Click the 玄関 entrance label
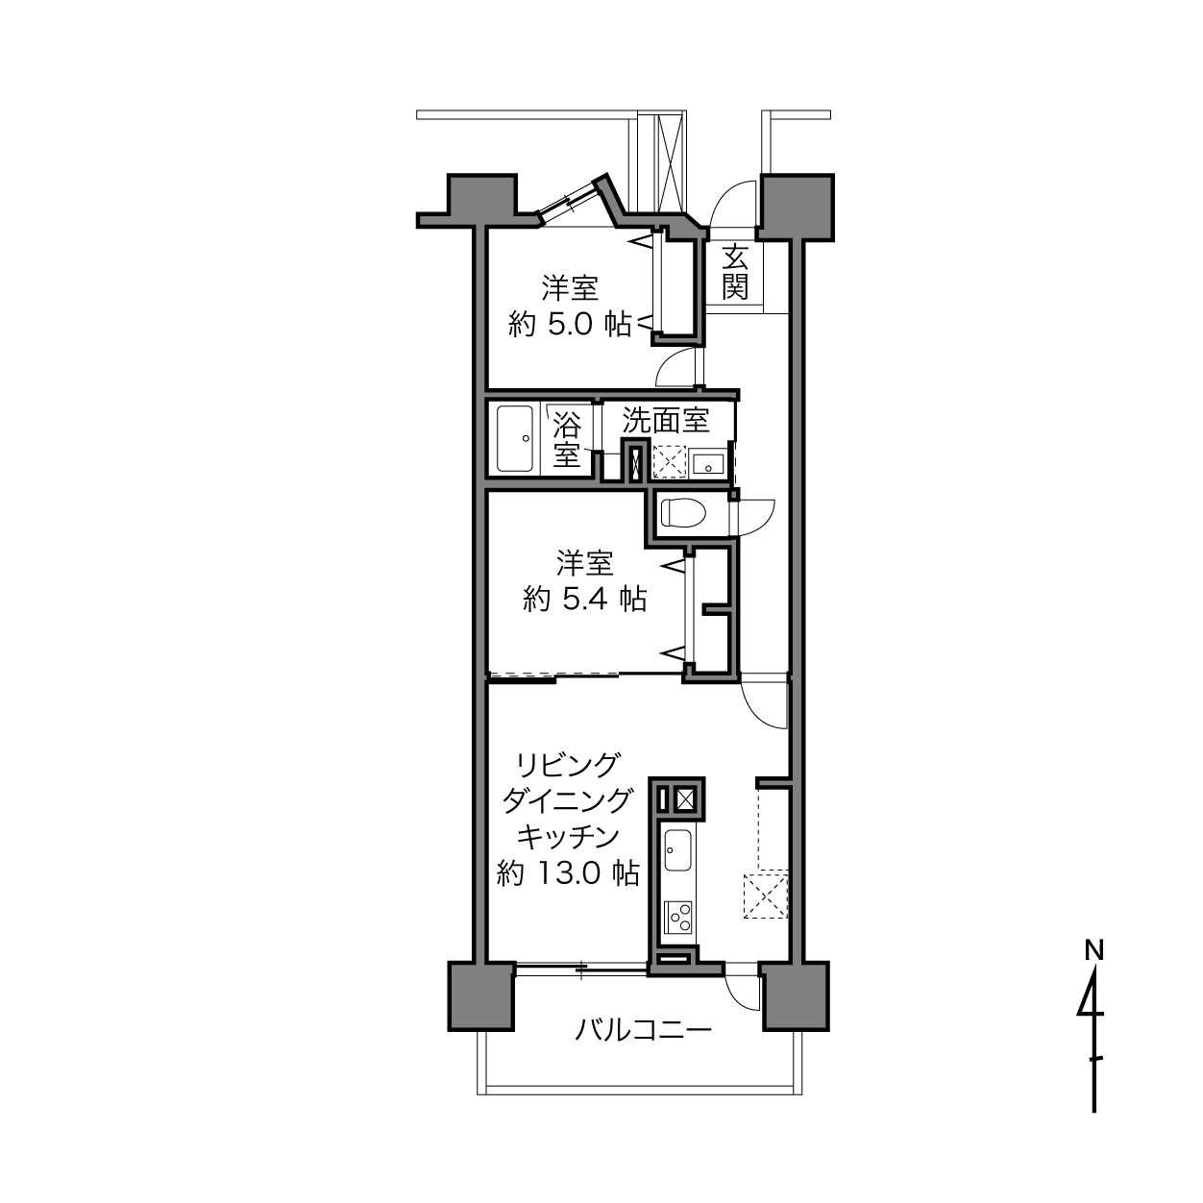click(x=735, y=272)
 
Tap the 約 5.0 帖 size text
click(x=570, y=325)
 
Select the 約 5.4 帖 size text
click(x=584, y=600)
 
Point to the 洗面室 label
click(x=666, y=421)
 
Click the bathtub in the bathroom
click(x=515, y=439)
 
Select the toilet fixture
click(x=683, y=512)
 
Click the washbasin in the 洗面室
click(x=708, y=464)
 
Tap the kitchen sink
click(x=677, y=850)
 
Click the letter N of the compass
click(x=1093, y=951)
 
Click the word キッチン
click(x=568, y=837)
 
